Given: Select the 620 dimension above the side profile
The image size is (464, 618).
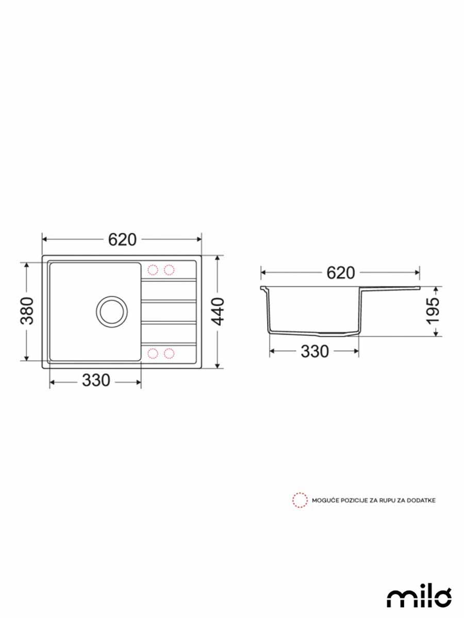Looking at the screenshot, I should point(340,272).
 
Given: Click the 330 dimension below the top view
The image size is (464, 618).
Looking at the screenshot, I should point(95,381).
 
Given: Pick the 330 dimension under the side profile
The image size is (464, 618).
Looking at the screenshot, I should point(314,351).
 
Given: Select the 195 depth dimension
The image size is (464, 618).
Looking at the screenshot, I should point(435,311).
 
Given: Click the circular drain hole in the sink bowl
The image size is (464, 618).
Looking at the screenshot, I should point(111,311).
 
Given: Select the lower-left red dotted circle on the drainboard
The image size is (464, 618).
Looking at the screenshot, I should point(153,353).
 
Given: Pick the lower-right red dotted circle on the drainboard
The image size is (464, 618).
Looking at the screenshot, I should point(169,353).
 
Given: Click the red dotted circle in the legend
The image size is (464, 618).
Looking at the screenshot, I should point(300,500).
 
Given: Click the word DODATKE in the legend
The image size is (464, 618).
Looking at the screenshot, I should point(422,500).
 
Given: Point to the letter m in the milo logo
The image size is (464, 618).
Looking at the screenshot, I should point(398,597).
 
